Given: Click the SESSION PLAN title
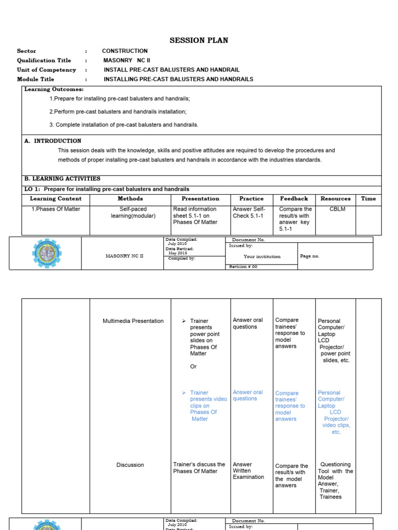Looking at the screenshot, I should tap(199, 40).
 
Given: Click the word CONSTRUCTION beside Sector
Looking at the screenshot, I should tap(125, 51).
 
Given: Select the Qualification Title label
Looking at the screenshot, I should tap(44, 60).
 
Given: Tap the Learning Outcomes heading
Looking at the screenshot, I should tap(54, 90).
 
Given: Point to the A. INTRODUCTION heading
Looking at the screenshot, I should tap(53, 141).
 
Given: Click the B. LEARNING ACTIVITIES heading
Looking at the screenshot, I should tap(62, 179).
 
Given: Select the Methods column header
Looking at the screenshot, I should tap(130, 199).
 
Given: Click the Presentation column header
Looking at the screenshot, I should tap(200, 199).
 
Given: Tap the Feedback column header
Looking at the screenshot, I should tap(294, 199).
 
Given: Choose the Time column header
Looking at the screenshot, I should tap(368, 199).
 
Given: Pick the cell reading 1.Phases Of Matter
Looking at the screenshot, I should tap(55, 210).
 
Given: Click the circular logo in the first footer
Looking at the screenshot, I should tap(46, 254).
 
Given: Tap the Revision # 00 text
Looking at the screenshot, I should tap(243, 267).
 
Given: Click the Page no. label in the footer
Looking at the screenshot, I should tap(310, 256).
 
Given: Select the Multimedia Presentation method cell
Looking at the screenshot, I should tap(133, 321).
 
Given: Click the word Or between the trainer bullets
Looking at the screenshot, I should tap(193, 366).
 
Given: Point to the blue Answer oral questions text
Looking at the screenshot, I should tap(248, 395).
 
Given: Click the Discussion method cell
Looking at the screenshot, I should tap(130, 465).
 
